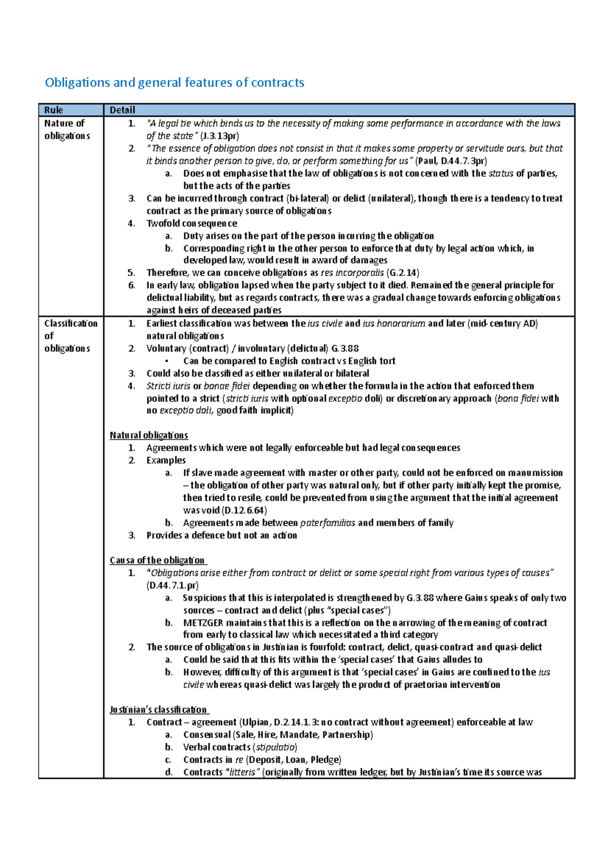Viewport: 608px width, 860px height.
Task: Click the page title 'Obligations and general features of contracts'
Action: (174, 83)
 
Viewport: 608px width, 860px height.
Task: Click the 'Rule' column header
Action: (54, 110)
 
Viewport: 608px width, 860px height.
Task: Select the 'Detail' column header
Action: (123, 110)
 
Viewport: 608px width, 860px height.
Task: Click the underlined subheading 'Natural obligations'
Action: (148, 435)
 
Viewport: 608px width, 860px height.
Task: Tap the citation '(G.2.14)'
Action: (403, 273)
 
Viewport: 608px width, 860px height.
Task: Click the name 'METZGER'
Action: (203, 623)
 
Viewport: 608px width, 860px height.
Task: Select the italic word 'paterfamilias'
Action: (327, 523)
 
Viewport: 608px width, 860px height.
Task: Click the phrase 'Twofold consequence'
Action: (192, 223)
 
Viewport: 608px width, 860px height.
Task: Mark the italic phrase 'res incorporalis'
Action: (352, 273)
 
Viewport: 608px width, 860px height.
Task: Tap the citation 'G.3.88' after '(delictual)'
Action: (345, 348)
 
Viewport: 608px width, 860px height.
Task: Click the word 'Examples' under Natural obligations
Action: (166, 460)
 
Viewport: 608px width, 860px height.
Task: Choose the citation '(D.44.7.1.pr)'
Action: (172, 585)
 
